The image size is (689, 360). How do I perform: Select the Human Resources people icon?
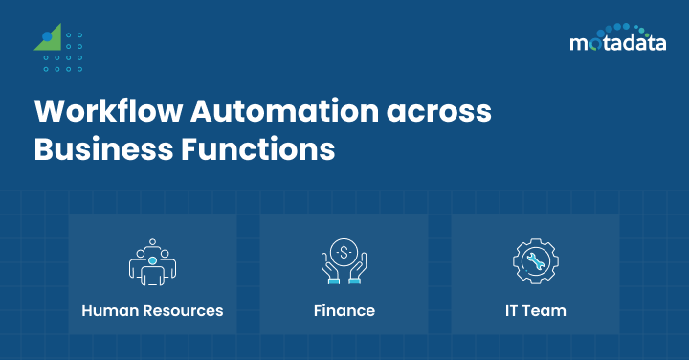click(x=152, y=261)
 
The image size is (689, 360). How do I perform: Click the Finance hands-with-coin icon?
click(x=344, y=261)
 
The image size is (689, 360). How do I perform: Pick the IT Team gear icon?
click(x=535, y=261)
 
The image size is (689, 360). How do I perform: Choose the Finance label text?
click(x=344, y=311)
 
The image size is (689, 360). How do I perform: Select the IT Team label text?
click(x=535, y=311)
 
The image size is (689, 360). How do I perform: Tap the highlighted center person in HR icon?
click(x=152, y=261)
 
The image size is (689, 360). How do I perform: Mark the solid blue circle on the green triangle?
click(x=45, y=36)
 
